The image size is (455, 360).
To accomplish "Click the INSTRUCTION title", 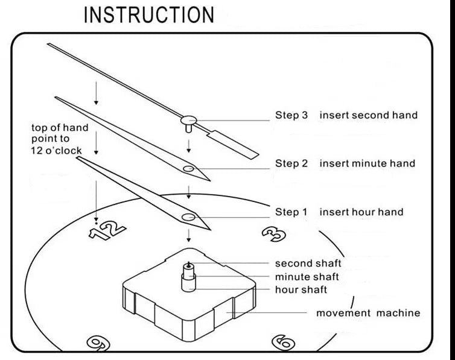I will click(x=148, y=15).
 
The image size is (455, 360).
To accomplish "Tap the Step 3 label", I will click(x=291, y=115).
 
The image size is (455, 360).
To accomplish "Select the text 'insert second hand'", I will click(x=368, y=115).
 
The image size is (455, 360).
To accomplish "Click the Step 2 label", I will click(x=291, y=163).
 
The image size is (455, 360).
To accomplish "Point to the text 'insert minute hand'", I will click(x=367, y=163).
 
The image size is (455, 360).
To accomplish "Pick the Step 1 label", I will click(x=291, y=212).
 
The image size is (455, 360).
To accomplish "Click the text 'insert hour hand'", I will click(x=361, y=212).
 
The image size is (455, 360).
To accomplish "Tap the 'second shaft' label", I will click(x=308, y=264).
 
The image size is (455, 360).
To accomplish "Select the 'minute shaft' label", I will click(x=307, y=277).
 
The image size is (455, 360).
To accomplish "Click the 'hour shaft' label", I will click(x=301, y=290).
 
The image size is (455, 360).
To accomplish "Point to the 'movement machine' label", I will click(x=368, y=313).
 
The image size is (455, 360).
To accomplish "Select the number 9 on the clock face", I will click(x=96, y=343).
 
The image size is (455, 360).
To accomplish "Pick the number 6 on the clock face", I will click(x=284, y=343).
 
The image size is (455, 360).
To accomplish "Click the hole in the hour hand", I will click(x=188, y=216).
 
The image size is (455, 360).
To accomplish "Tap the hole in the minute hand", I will click(x=189, y=169).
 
